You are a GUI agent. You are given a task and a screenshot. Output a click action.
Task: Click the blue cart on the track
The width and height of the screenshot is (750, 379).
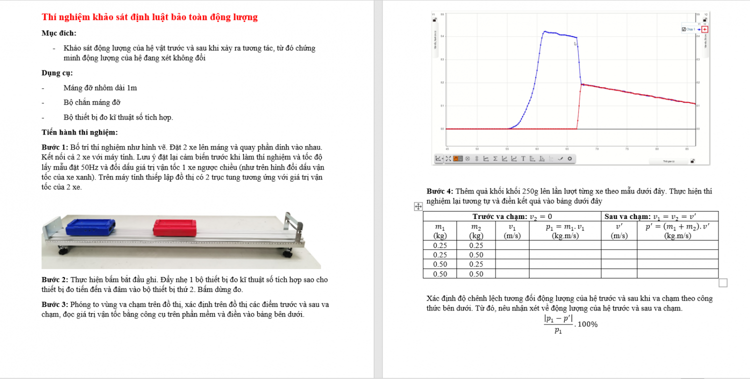click(90, 227)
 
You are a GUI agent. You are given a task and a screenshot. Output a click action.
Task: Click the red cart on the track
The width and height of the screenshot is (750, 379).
click(174, 228)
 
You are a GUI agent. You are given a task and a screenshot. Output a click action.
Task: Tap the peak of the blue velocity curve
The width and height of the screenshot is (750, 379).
click(544, 31)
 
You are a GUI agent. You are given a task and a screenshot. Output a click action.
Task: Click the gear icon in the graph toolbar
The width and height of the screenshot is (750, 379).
click(569, 159)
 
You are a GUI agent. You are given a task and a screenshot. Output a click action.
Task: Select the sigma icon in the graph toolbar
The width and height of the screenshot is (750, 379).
click(495, 159)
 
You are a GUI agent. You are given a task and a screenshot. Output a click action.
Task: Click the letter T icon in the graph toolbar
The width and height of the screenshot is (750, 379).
click(523, 159)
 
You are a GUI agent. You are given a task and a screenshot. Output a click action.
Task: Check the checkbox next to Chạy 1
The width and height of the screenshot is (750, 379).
click(683, 29)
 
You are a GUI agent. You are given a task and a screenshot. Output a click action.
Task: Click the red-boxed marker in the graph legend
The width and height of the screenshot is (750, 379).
click(704, 29)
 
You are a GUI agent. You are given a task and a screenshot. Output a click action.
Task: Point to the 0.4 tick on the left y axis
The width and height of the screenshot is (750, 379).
click(442, 36)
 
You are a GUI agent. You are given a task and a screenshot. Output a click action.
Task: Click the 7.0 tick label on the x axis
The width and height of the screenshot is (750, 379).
click(597, 149)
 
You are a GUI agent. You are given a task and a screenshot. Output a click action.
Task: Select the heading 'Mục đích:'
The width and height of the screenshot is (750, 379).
click(59, 33)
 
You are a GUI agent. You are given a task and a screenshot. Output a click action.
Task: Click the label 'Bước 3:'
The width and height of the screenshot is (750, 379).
click(54, 304)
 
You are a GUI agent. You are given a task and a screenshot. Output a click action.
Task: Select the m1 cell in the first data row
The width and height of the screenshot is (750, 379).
click(440, 245)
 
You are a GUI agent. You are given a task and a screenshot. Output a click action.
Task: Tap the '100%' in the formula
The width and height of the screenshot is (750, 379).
click(587, 324)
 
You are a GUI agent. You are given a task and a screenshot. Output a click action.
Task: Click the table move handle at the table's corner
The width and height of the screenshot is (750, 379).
click(417, 206)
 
